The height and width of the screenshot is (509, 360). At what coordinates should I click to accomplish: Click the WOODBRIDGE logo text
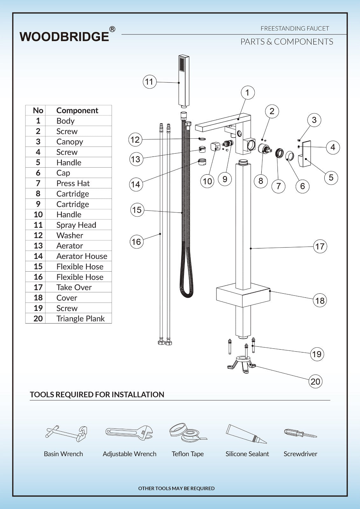coord(64,37)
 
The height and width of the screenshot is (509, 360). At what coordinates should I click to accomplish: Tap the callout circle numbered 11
coord(149,82)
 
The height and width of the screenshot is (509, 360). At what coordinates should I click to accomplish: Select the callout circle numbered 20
coord(315,381)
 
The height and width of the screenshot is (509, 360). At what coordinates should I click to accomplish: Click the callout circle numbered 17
coord(320,246)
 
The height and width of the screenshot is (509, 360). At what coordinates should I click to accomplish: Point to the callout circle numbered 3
coord(314,120)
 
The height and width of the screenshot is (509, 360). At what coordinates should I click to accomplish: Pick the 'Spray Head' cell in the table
coord(76,225)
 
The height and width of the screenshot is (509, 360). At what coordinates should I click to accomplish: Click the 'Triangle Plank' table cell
coord(80,318)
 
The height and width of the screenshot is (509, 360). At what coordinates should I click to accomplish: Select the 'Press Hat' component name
coord(73,183)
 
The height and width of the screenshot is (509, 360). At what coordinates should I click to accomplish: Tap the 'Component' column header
coord(77,110)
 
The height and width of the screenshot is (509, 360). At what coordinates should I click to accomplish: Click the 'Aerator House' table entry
coord(81,256)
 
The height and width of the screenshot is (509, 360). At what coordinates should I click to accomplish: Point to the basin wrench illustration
coord(66,434)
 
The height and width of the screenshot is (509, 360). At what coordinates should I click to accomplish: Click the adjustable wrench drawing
coord(129,433)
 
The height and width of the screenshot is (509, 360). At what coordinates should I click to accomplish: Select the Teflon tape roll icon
coord(187,432)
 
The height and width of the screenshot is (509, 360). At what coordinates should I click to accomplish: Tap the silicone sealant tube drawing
coord(246,433)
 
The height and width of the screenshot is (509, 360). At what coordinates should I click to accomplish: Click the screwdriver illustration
coord(300,433)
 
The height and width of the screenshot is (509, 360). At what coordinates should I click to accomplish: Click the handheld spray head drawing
coord(184,81)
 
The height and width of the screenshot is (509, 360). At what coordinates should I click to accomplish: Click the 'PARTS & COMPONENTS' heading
coord(286,42)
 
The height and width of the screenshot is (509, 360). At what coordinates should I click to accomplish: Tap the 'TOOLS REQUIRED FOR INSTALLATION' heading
coord(97,394)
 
